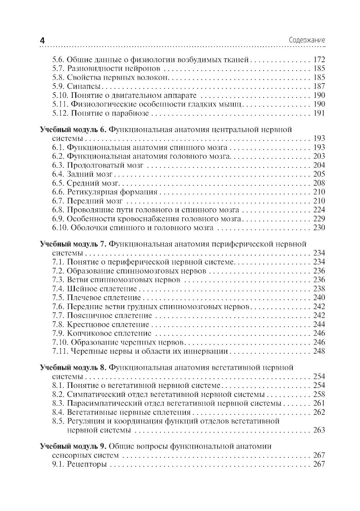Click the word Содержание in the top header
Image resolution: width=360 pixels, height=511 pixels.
coord(307,40)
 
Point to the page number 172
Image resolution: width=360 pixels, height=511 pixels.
coord(319,60)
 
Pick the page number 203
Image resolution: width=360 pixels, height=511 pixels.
coord(319,156)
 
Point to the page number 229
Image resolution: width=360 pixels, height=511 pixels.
coord(319,219)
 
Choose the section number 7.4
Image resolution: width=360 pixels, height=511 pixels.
coord(58,289)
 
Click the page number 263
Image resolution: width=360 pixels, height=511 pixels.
coord(319,430)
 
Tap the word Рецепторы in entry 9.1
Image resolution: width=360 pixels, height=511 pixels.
coord(87,464)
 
